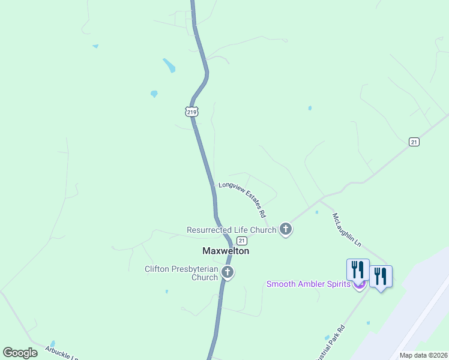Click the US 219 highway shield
[x=191, y=112]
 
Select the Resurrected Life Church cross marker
[x=286, y=229]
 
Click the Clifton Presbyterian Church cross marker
[x=227, y=273]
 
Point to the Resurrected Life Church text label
[x=231, y=230]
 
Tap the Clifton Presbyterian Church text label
[x=181, y=273]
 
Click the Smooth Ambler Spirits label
[x=308, y=284]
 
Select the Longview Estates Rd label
[x=241, y=198]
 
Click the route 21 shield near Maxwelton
[x=242, y=240]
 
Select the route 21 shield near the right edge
[x=414, y=142]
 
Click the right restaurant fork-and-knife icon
[x=381, y=276]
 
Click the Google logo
[x=20, y=353]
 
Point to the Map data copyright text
[x=423, y=355]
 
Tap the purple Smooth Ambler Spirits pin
[x=359, y=285]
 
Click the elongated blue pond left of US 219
[x=169, y=65]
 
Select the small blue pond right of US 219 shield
[x=310, y=108]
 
